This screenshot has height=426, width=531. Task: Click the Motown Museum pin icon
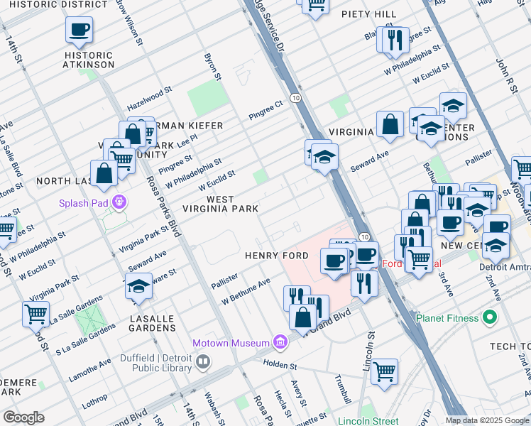click(x=280, y=343)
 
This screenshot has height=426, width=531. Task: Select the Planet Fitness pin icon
click(x=489, y=317)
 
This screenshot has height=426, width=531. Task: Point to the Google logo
click(x=23, y=417)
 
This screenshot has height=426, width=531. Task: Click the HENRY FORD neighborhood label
click(x=276, y=256)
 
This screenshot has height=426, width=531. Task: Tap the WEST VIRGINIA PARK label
click(x=221, y=204)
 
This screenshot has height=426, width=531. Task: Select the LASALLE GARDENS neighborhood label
click(x=153, y=323)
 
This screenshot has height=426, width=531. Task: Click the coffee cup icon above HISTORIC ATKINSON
click(x=79, y=31)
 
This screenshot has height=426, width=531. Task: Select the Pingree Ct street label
click(x=265, y=110)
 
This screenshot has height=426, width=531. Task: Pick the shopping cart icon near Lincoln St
click(x=384, y=371)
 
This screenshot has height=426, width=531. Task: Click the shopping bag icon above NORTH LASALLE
click(x=104, y=173)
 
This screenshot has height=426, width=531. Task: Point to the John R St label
click(x=503, y=72)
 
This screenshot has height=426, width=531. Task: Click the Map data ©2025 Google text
click(x=487, y=420)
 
